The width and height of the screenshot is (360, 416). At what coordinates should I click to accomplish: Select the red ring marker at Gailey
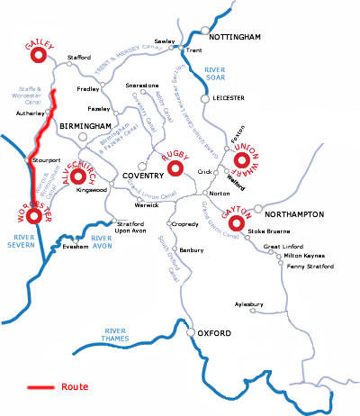tap(38, 56)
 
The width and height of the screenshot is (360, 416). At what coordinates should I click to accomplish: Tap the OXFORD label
tap(215, 334)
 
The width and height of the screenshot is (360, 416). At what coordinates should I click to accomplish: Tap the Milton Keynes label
tap(303, 256)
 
